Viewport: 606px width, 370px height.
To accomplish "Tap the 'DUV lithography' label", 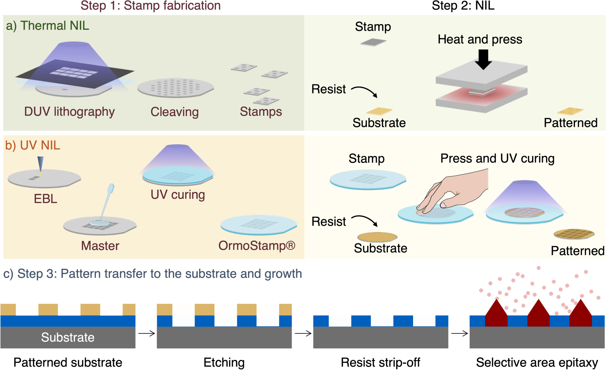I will (69, 112).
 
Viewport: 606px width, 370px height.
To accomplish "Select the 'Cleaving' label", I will (174, 112).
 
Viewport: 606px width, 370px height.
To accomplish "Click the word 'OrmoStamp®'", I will (257, 246).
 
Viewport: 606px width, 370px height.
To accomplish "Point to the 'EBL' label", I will (45, 199).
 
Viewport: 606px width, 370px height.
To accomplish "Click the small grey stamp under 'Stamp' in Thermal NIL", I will (373, 42).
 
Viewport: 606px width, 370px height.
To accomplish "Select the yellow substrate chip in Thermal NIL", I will (379, 111).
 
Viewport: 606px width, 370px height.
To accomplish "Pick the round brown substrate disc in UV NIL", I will (377, 237).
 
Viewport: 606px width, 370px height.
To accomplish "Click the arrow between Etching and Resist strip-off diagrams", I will (303, 333).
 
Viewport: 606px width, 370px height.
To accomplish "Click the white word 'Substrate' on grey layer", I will (68, 338).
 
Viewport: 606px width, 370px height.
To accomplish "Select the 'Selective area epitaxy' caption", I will (537, 363).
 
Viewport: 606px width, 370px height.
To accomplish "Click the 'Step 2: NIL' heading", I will (463, 6).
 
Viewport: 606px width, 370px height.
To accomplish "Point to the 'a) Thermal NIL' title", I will (47, 26).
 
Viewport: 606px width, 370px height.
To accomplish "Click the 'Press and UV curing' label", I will (497, 158).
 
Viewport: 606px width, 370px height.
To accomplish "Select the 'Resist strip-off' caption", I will (380, 363).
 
